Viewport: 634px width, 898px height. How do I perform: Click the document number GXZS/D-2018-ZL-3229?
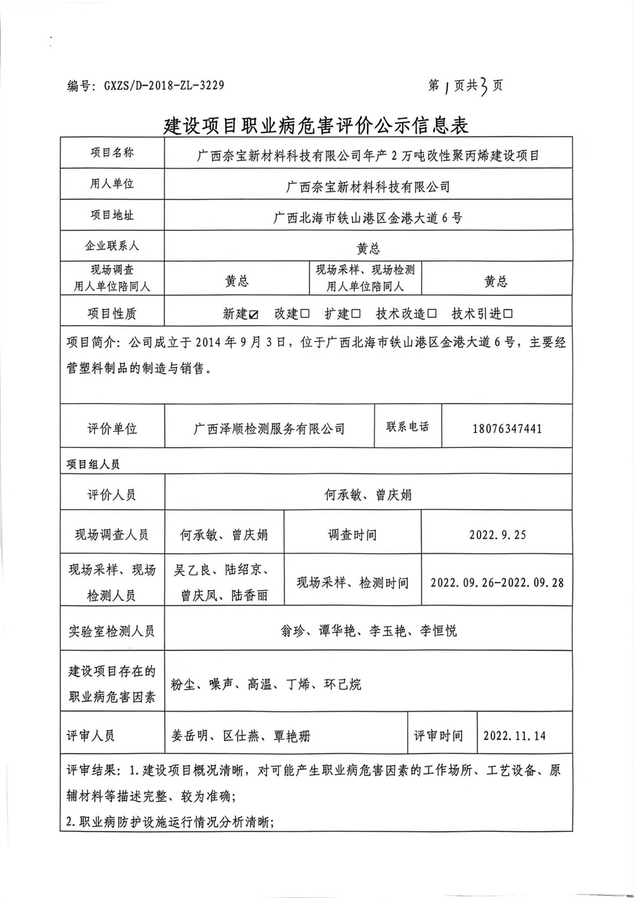pyautogui.click(x=164, y=86)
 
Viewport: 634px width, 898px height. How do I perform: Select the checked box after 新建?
pyautogui.click(x=254, y=314)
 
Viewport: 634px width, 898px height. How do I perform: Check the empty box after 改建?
pyautogui.click(x=305, y=314)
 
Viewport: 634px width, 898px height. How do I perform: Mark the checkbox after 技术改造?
pyautogui.click(x=432, y=314)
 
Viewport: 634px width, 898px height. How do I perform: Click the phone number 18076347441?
pyautogui.click(x=507, y=429)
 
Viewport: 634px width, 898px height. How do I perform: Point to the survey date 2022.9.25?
pyautogui.click(x=498, y=534)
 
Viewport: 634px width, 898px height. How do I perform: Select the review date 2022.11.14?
pyautogui.click(x=514, y=736)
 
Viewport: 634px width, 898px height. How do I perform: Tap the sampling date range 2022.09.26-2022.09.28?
pyautogui.click(x=497, y=582)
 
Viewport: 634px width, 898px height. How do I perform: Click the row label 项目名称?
pyautogui.click(x=112, y=153)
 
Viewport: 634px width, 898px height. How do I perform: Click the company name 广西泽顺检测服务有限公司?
pyautogui.click(x=269, y=429)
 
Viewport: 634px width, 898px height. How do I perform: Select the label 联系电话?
pyautogui.click(x=408, y=427)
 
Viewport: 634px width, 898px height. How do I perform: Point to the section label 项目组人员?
pyautogui.click(x=93, y=464)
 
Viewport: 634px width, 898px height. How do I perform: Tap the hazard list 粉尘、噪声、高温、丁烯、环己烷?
pyautogui.click(x=266, y=684)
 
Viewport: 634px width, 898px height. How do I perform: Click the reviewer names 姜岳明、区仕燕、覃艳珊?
pyautogui.click(x=241, y=736)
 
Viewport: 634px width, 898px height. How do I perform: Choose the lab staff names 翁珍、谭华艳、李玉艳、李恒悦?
pyautogui.click(x=368, y=631)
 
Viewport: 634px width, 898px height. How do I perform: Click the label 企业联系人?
pyautogui.click(x=112, y=246)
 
